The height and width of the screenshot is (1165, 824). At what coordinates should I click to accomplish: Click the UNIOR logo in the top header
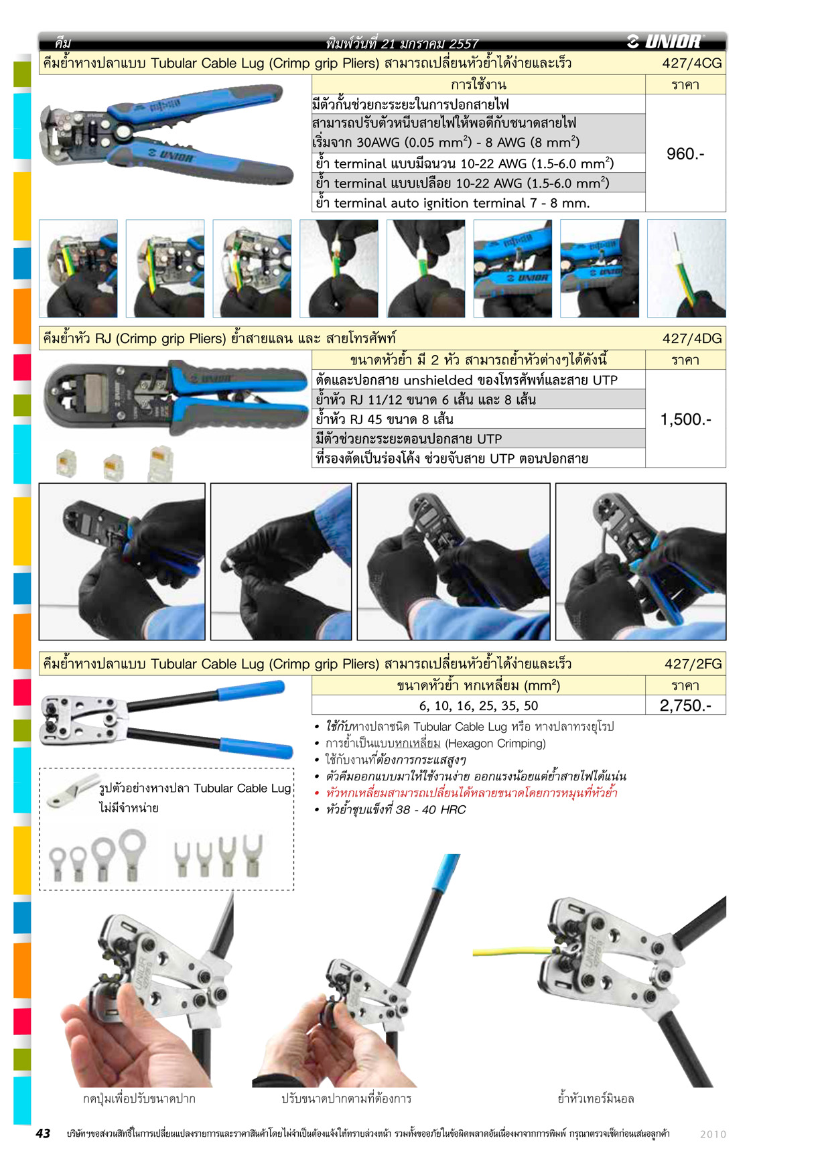(665, 42)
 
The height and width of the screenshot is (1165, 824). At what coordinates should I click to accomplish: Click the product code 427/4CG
(692, 64)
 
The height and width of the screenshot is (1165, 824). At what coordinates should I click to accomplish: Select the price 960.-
(685, 154)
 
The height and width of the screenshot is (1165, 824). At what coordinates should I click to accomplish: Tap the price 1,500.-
(685, 419)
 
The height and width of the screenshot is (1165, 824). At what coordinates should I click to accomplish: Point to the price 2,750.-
(685, 705)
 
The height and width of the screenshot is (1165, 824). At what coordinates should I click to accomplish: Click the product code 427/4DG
(692, 338)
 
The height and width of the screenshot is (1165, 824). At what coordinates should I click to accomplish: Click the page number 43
(43, 1134)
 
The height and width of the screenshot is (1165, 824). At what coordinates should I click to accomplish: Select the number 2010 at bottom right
(713, 1134)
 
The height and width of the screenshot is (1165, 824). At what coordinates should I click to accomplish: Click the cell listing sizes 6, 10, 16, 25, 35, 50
(478, 705)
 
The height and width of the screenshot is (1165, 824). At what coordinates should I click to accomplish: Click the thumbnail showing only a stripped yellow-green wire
(687, 268)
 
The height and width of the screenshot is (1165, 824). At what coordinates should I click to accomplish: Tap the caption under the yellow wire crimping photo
(596, 1099)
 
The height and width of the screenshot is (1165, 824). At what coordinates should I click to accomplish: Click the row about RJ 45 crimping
(478, 419)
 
